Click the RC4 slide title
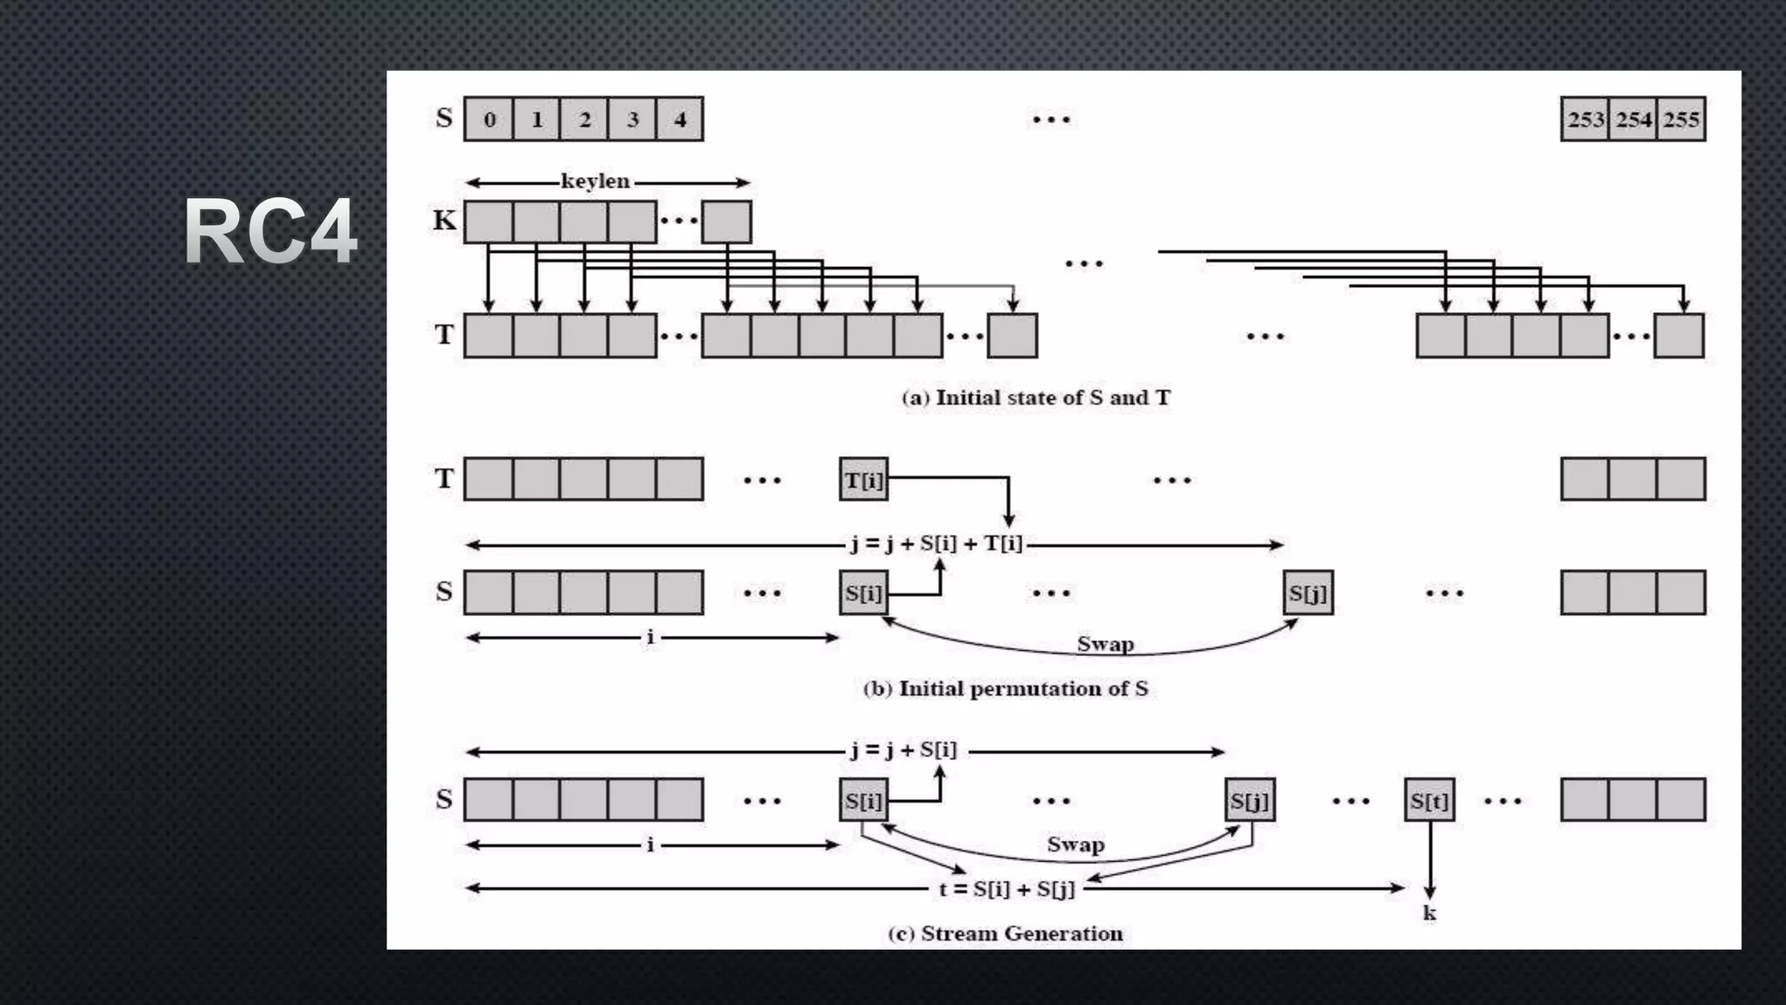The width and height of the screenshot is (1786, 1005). (x=270, y=232)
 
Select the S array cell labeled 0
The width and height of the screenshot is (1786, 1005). (x=489, y=120)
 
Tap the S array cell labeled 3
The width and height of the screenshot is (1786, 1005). (x=632, y=120)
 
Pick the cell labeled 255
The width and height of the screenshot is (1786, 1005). (x=1681, y=120)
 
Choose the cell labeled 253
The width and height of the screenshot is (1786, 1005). (x=1585, y=120)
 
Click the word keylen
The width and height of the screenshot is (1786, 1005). (x=595, y=181)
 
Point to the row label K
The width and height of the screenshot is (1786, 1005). (x=445, y=221)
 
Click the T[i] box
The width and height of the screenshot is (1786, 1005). (x=863, y=480)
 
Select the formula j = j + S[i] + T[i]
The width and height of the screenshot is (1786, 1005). (x=937, y=544)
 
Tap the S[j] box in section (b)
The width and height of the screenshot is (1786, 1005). (x=1308, y=593)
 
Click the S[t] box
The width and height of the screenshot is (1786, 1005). (x=1429, y=801)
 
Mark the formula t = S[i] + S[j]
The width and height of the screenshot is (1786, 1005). (x=1007, y=889)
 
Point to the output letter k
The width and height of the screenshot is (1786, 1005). (x=1429, y=913)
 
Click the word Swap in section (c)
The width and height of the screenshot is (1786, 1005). (x=1075, y=844)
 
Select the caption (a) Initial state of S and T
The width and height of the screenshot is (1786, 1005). (x=1036, y=398)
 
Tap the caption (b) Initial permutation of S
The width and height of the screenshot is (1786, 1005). (x=1005, y=689)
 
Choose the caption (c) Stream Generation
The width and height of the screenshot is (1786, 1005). (x=1005, y=933)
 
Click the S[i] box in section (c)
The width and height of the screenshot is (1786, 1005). (x=863, y=801)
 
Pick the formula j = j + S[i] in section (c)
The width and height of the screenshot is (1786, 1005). (x=903, y=750)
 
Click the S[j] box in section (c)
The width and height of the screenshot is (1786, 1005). (x=1250, y=801)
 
